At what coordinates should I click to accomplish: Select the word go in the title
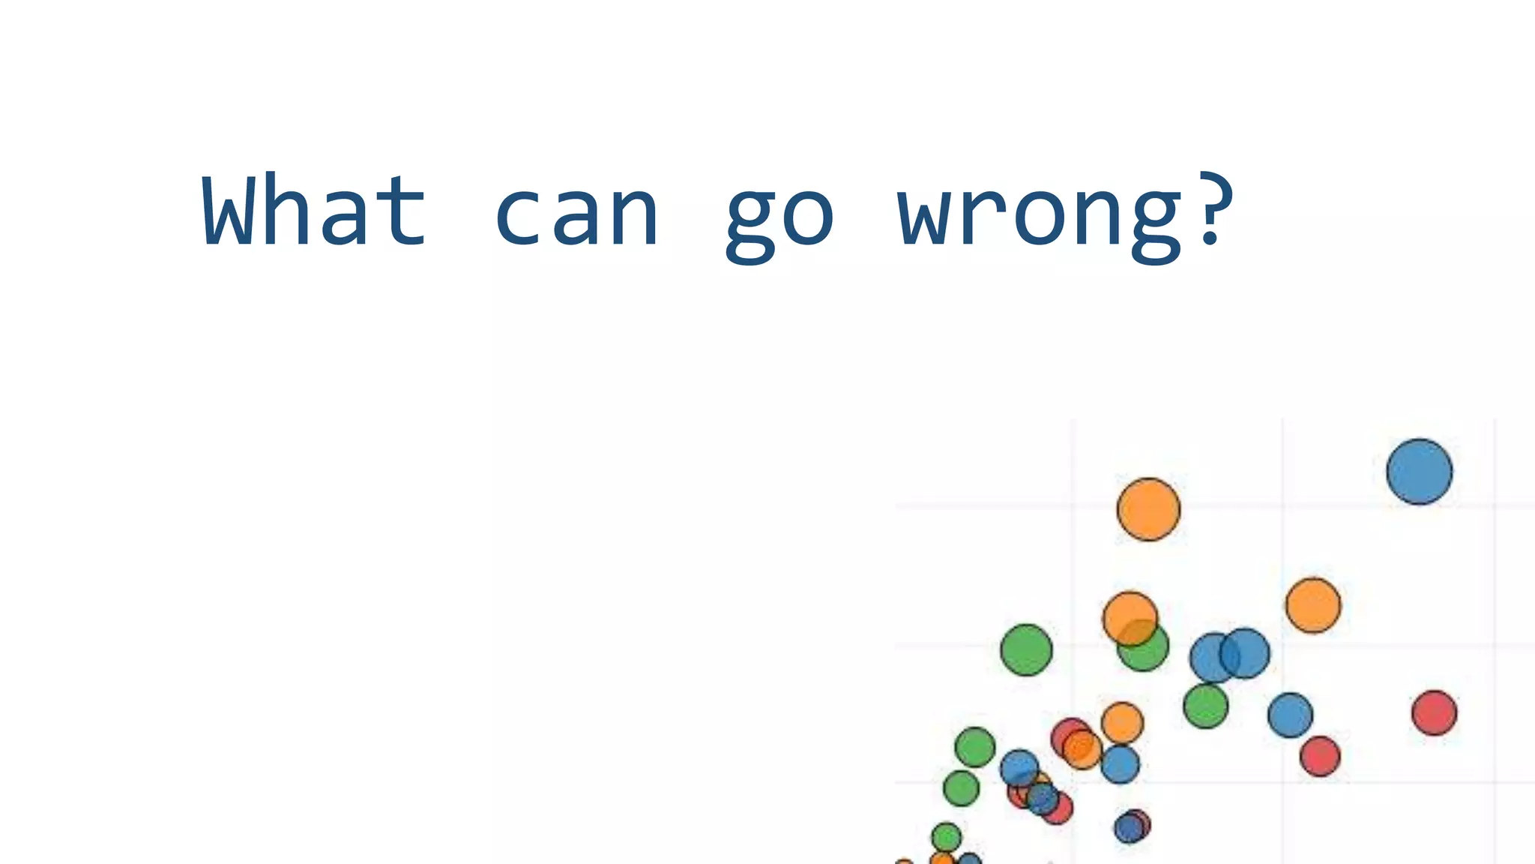point(779,217)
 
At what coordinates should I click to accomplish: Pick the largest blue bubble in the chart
point(1419,472)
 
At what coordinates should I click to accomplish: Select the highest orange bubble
point(1148,509)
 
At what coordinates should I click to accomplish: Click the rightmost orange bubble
point(1313,605)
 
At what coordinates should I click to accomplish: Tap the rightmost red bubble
point(1434,712)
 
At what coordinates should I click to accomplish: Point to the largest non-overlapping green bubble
point(1026,649)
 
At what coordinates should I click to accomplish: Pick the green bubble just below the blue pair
point(1205,706)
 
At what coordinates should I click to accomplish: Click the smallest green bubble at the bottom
point(946,837)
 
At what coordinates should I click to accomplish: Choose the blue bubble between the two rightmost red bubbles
point(1290,715)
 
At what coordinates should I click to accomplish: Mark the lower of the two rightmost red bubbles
point(1320,756)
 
